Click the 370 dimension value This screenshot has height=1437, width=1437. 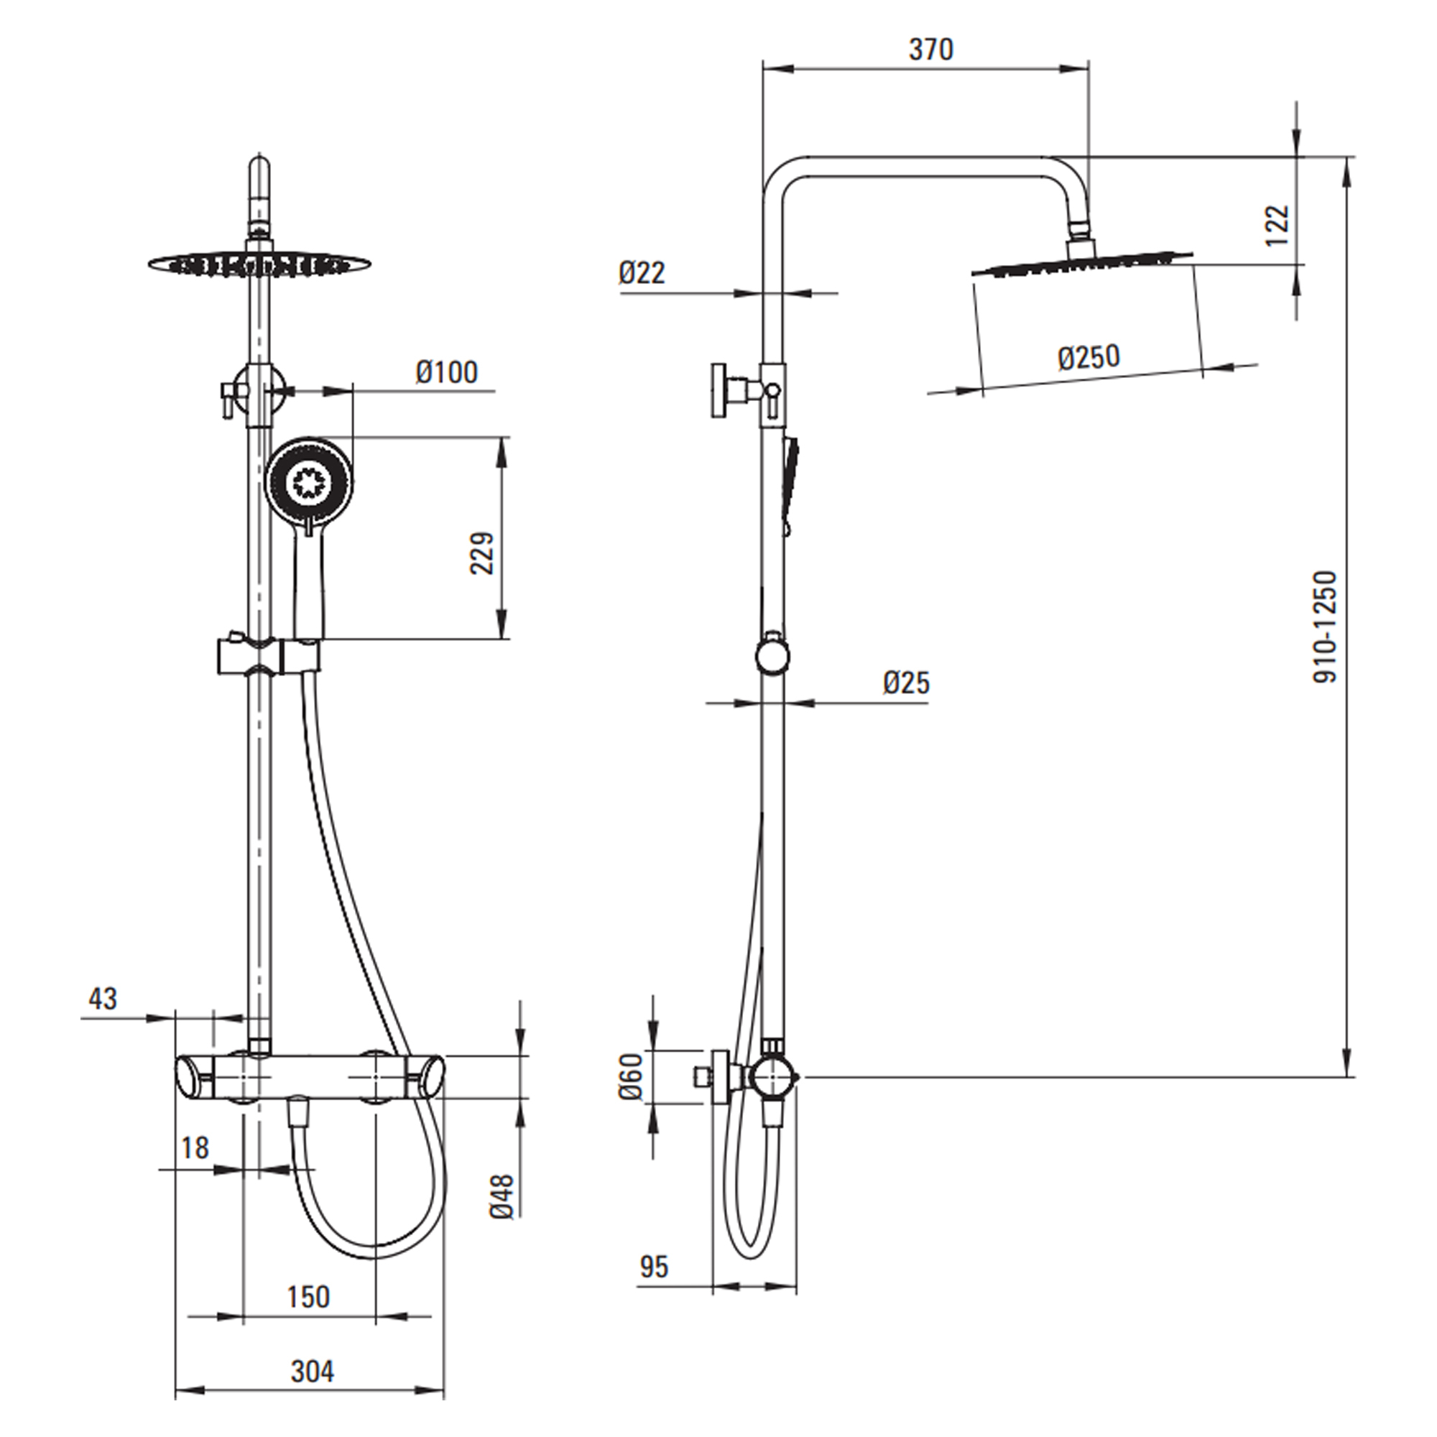click(930, 50)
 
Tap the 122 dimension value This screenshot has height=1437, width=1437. click(1276, 225)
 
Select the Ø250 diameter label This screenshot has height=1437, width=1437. click(1089, 358)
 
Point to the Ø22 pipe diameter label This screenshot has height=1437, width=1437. click(641, 273)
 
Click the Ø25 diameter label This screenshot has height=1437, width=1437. click(907, 682)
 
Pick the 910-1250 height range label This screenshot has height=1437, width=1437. click(1326, 627)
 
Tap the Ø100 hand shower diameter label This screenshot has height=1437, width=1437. click(447, 372)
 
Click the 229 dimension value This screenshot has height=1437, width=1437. click(482, 553)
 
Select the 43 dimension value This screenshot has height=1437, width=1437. click(103, 999)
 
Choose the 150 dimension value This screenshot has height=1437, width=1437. click(308, 1296)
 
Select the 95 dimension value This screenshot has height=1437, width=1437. click(654, 1267)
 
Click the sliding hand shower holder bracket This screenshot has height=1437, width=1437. click(269, 655)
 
